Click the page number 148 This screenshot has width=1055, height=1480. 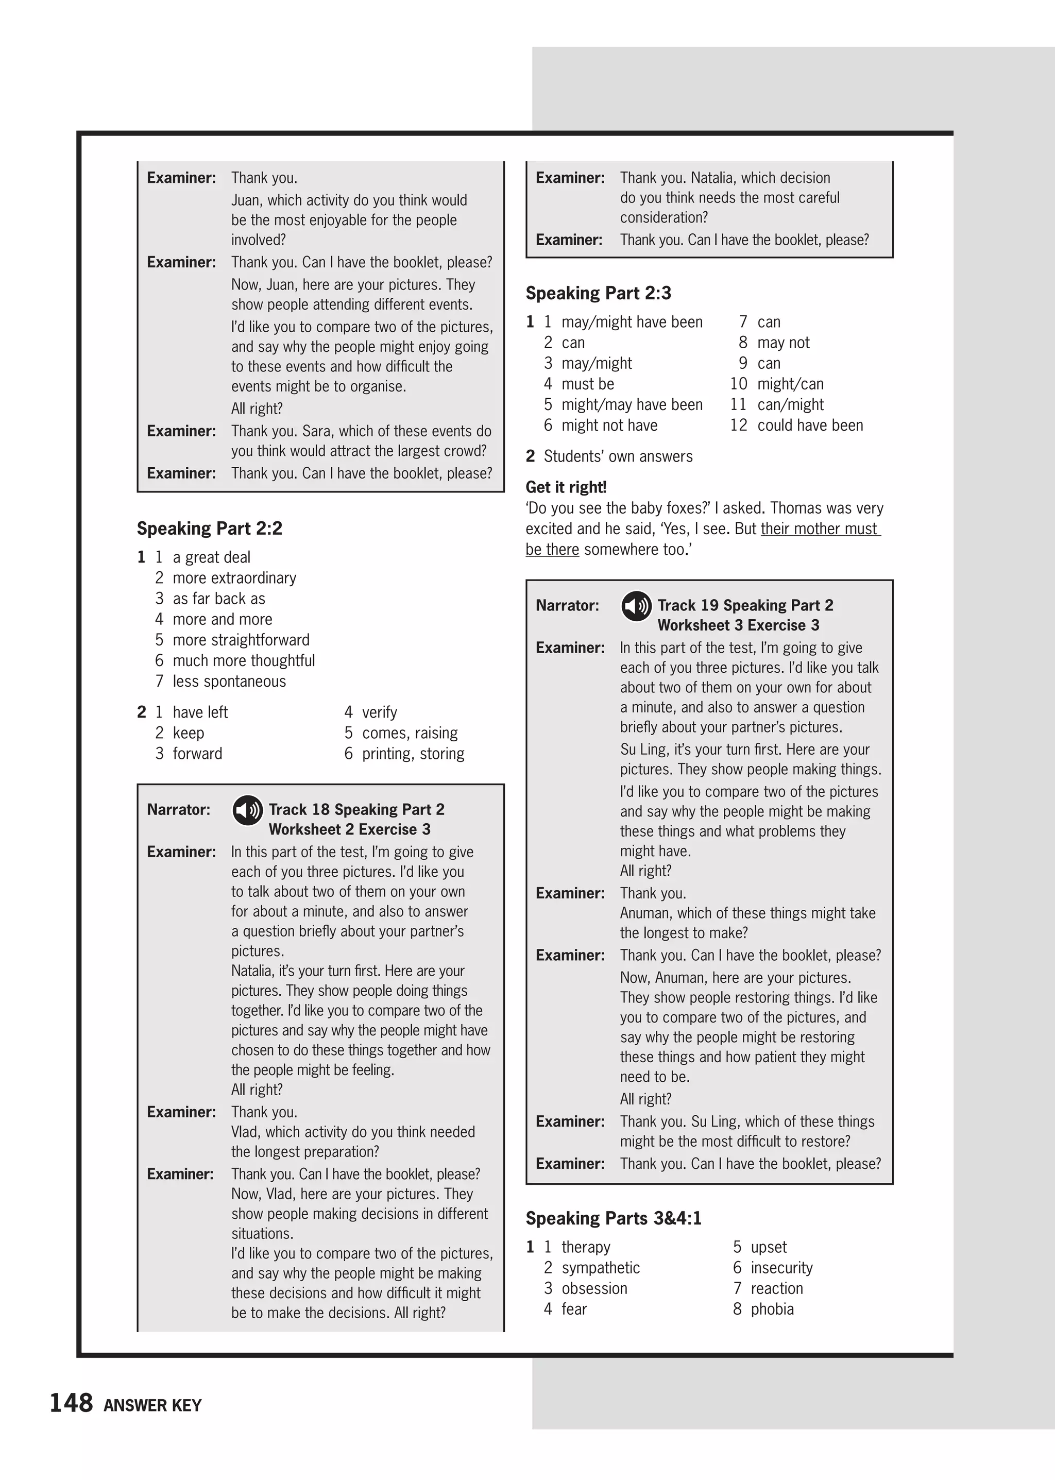coord(72,1403)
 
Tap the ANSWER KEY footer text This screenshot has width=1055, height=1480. coord(152,1405)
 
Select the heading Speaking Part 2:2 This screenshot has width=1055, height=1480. coord(209,528)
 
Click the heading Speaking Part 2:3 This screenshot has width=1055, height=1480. coord(598,293)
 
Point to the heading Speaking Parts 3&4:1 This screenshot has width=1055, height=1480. coord(613,1218)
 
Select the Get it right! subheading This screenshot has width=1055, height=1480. coord(566,487)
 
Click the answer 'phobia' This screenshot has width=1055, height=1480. coord(772,1309)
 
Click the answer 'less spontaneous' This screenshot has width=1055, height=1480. coord(229,681)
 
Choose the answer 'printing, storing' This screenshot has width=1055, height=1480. coord(413,753)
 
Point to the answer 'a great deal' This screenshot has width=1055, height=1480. coord(211,557)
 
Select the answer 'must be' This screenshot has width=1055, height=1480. coord(587,383)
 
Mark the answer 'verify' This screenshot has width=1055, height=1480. coord(379,712)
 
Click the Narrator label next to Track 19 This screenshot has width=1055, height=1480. coord(567,605)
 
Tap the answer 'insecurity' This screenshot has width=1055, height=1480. coord(781,1268)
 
